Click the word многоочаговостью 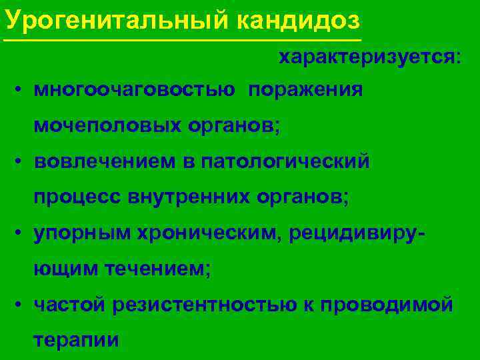point(134,90)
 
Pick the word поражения point(306,90)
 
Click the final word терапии point(76,340)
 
